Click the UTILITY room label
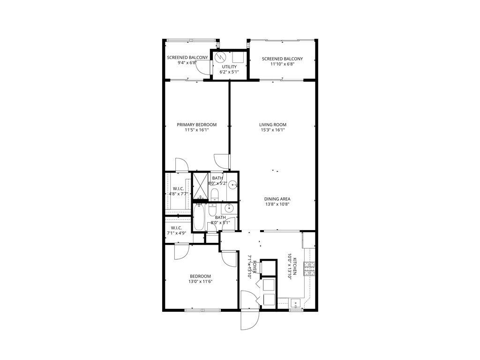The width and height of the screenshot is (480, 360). [x=229, y=67]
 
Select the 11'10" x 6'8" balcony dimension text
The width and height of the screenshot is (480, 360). [x=282, y=64]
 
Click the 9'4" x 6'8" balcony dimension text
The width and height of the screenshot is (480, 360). [x=187, y=63]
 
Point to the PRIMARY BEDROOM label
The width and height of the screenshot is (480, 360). [x=196, y=125]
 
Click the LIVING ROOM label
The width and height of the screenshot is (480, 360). [x=273, y=125]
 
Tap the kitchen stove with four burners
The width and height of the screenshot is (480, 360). [x=309, y=269]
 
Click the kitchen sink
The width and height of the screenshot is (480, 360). [x=295, y=302]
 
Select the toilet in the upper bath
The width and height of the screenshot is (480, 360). [x=214, y=193]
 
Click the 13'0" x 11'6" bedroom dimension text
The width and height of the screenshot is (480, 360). [x=200, y=281]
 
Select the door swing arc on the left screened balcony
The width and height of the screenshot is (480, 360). [x=202, y=68]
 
